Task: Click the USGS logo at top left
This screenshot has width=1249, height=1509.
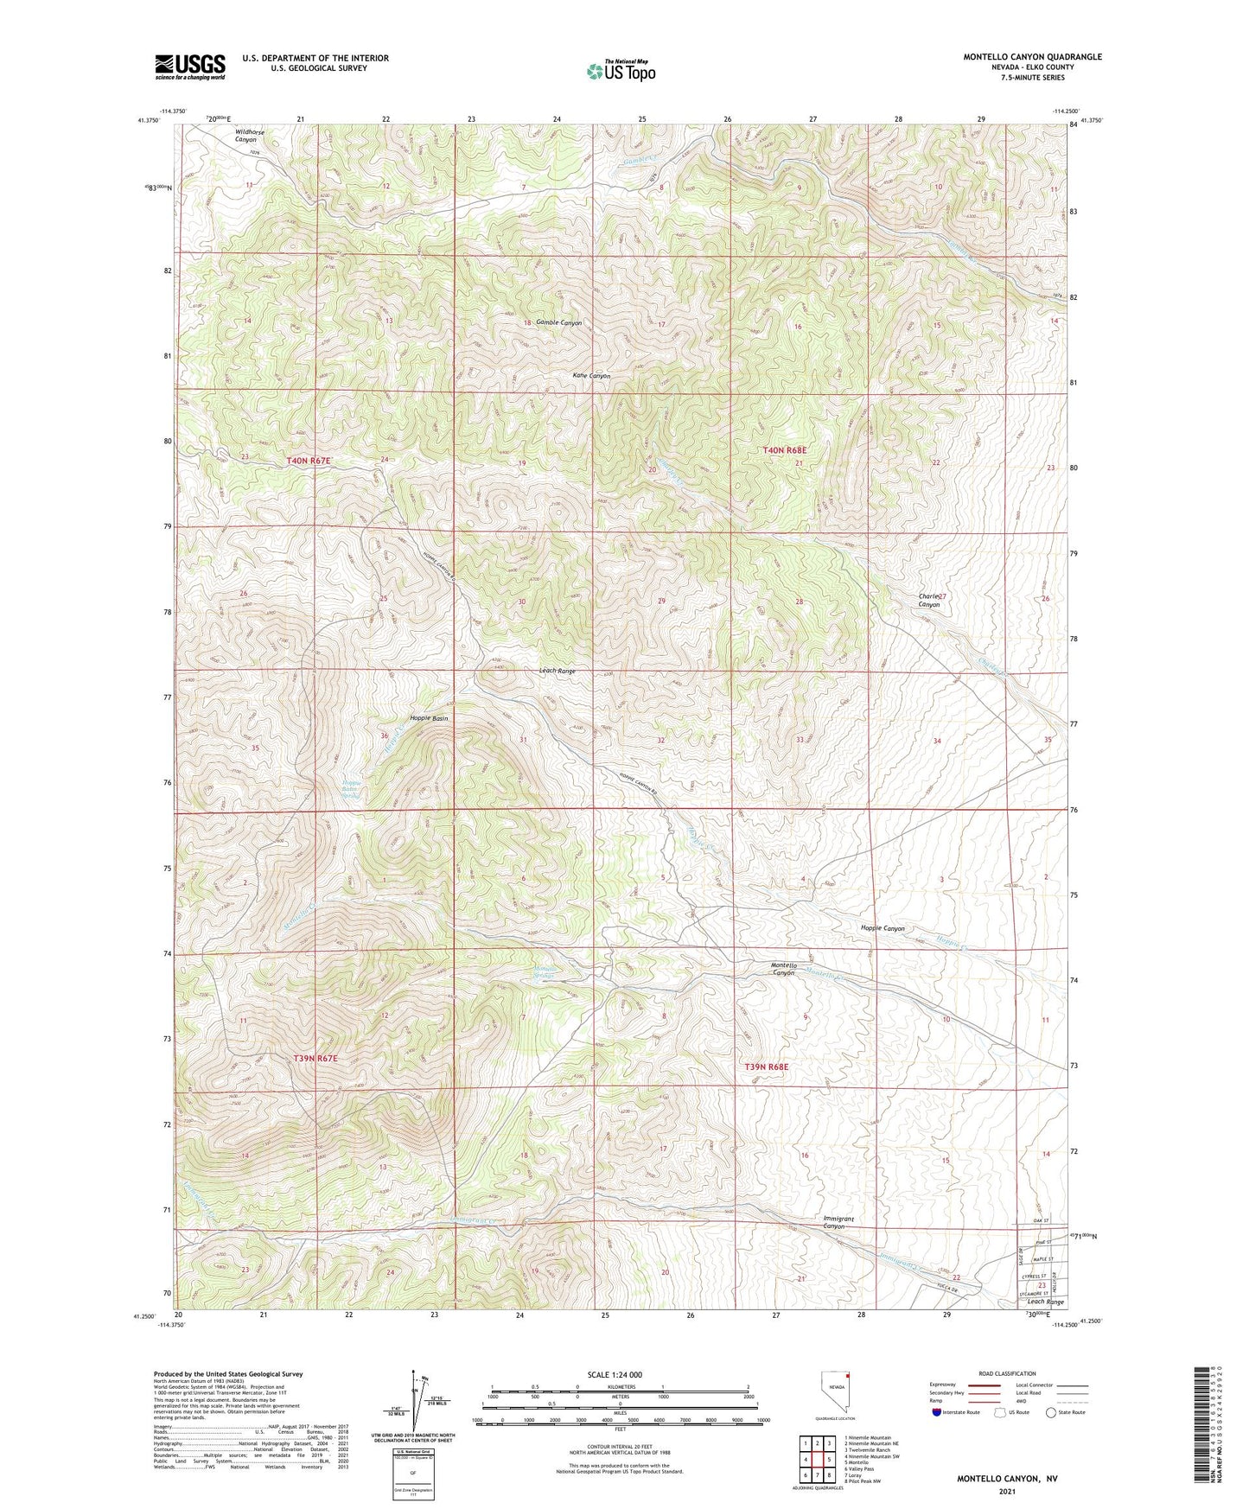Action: (x=190, y=66)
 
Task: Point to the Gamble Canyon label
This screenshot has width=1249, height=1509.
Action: (x=558, y=322)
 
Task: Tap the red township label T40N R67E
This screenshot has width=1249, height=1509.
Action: (x=309, y=462)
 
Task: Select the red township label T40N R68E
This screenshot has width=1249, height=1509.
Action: (x=785, y=450)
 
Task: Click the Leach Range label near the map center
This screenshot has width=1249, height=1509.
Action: (x=557, y=672)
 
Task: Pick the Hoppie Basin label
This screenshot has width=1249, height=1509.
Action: (x=428, y=718)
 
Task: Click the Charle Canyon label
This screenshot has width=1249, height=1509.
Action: (x=930, y=601)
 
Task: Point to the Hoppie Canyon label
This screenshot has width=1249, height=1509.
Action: (x=882, y=928)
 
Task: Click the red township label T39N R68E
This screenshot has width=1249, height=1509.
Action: (x=767, y=1067)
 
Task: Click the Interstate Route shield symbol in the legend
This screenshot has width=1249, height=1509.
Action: (x=937, y=1412)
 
